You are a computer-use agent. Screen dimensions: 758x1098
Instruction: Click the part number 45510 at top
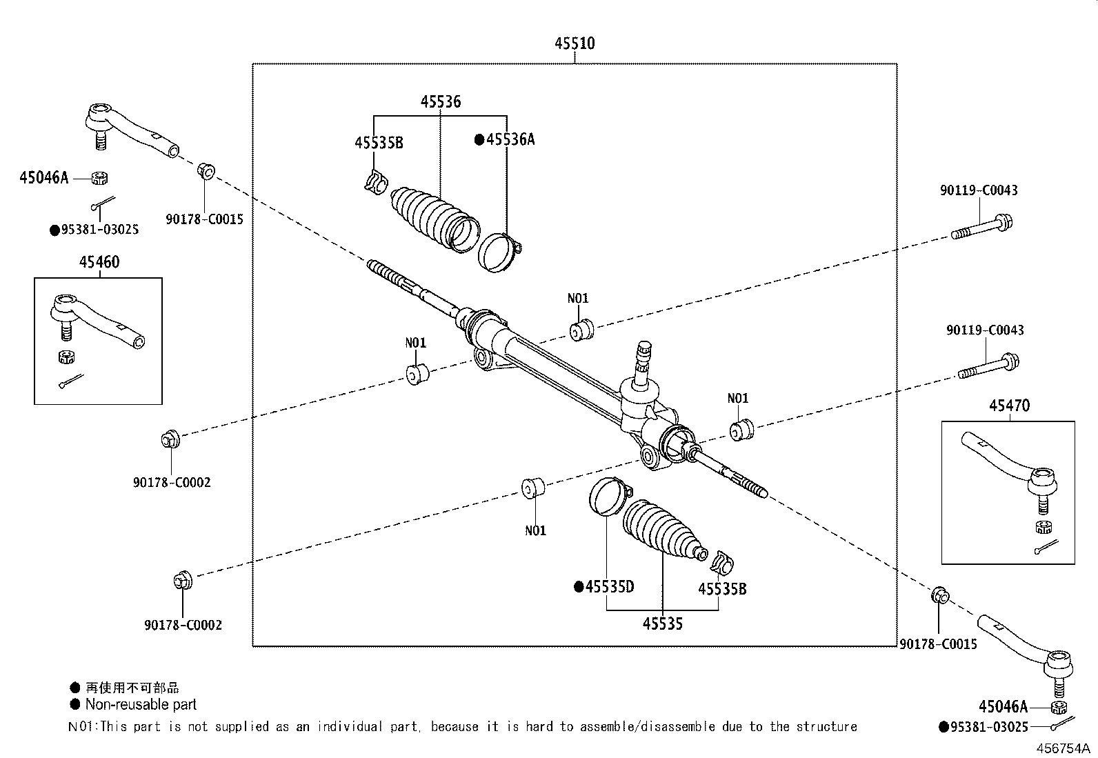pyautogui.click(x=575, y=43)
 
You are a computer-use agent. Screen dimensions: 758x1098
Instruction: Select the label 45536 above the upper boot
pyautogui.click(x=441, y=102)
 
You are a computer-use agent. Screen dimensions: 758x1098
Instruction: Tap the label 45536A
pyautogui.click(x=510, y=139)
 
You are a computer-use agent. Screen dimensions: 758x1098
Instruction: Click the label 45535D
pyautogui.click(x=609, y=587)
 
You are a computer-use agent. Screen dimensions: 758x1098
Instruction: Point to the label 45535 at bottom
pyautogui.click(x=662, y=624)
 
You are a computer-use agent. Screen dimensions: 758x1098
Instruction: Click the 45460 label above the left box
pyautogui.click(x=99, y=262)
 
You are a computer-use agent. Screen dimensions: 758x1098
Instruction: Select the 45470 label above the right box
pyautogui.click(x=1009, y=406)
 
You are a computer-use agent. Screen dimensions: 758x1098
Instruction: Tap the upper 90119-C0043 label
pyautogui.click(x=978, y=190)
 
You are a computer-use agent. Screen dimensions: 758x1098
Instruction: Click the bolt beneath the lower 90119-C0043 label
pyautogui.click(x=988, y=367)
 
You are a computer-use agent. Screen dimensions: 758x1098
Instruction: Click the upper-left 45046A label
pyautogui.click(x=44, y=178)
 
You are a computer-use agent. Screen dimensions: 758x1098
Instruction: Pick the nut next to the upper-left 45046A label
pyautogui.click(x=99, y=178)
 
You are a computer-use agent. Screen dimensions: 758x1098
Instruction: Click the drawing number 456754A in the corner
pyautogui.click(x=1061, y=748)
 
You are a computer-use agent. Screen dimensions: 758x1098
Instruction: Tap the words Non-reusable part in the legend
pyautogui.click(x=141, y=705)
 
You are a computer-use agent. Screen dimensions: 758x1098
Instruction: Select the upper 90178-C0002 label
pyautogui.click(x=172, y=482)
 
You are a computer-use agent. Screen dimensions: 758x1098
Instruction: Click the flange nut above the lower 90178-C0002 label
pyautogui.click(x=182, y=581)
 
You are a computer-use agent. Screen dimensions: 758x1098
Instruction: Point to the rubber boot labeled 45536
pyautogui.click(x=431, y=215)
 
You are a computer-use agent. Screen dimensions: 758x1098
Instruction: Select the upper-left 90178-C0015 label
pyautogui.click(x=204, y=219)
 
